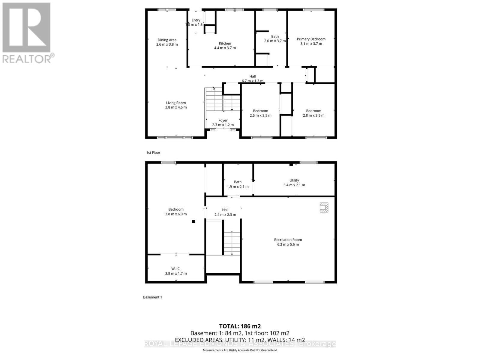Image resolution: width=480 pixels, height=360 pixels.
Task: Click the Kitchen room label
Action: [x=225, y=43]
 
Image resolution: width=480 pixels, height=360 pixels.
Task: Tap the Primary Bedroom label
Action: [x=311, y=39]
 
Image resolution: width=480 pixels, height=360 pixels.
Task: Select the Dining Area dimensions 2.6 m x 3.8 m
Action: [x=167, y=44]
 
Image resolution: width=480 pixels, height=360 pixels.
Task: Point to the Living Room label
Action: [x=176, y=103]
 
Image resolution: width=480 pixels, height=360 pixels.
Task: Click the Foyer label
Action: [x=223, y=120]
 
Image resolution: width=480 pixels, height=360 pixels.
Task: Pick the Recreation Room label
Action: [x=288, y=240]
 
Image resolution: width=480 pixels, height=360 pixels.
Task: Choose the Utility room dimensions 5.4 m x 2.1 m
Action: [x=294, y=185]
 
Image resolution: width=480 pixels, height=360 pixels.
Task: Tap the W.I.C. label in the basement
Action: [x=176, y=269]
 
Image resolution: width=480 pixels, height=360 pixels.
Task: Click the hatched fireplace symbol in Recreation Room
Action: [x=324, y=207]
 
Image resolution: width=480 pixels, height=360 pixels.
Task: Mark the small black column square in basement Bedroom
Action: [x=193, y=222]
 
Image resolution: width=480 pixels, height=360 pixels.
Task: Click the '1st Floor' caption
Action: [x=153, y=153]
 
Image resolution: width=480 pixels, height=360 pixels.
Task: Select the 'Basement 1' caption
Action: [x=152, y=297]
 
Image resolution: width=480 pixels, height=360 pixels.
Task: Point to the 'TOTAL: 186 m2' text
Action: [x=240, y=326]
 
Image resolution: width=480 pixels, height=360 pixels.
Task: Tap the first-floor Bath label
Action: [x=275, y=37]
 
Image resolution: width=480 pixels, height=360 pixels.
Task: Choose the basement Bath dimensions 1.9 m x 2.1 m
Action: [x=238, y=187]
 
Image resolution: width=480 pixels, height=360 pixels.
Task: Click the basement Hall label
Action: [x=225, y=210]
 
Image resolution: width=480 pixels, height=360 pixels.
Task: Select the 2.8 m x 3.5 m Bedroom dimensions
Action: [x=313, y=115]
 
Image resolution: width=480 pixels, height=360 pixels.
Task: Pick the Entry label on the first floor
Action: [x=196, y=20]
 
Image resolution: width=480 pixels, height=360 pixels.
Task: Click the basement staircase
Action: [x=232, y=243]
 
